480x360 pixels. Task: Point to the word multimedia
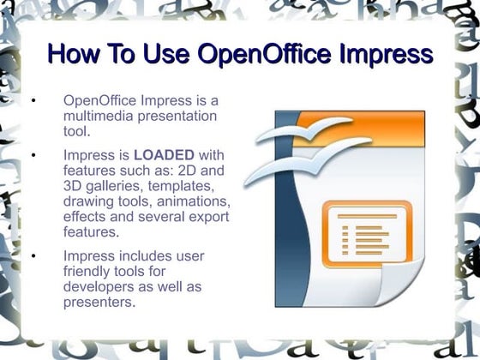(97, 116)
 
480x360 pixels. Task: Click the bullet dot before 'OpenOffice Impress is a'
(32, 101)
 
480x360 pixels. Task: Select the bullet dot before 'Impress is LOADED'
(32, 156)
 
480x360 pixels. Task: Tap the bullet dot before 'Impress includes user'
(32, 255)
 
